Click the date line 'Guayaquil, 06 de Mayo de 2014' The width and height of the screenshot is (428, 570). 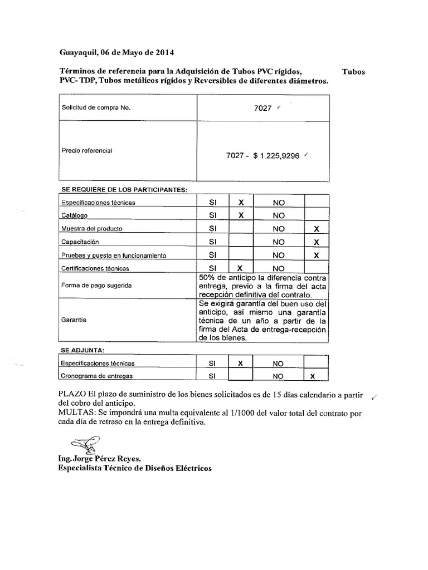[x=116, y=53]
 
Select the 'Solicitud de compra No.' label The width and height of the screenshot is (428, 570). [x=95, y=108]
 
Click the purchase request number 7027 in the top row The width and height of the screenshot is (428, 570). [x=262, y=108]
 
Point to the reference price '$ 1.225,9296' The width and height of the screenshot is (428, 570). [x=276, y=156]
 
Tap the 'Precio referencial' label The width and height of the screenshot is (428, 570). [x=86, y=150]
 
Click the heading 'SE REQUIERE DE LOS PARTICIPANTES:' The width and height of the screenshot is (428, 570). [x=124, y=190]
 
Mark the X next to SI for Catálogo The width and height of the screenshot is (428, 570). [x=241, y=215]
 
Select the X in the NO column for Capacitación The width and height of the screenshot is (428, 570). [x=317, y=242]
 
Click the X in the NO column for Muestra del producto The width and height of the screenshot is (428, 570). [x=317, y=229]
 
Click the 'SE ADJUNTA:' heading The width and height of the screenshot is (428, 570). [x=82, y=350]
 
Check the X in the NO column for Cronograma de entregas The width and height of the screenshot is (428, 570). [x=312, y=376]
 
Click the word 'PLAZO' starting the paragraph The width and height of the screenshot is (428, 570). [x=71, y=395]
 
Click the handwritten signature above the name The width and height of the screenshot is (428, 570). [x=84, y=445]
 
